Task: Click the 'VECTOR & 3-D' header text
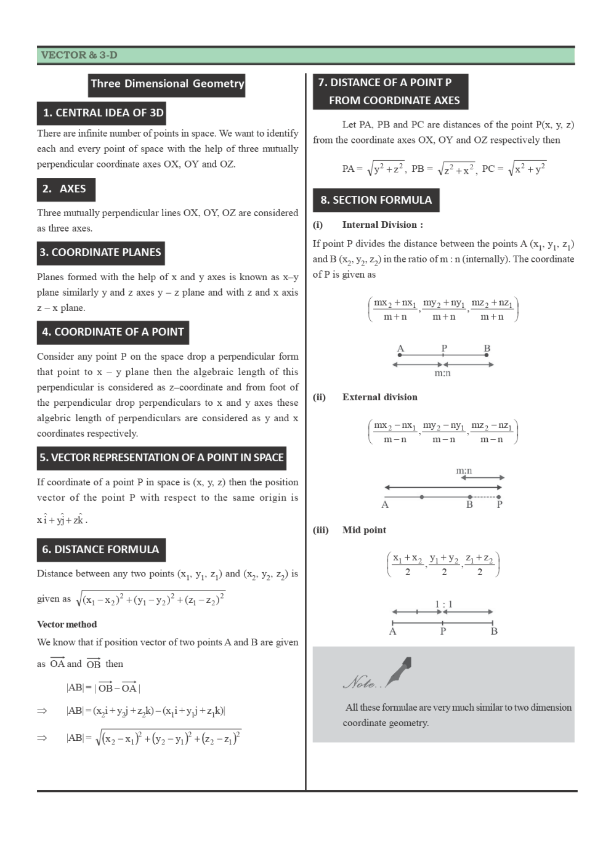coord(79,55)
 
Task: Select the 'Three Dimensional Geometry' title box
coord(167,84)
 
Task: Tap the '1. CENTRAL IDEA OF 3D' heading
coord(103,113)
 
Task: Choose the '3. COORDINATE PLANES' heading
coord(100,252)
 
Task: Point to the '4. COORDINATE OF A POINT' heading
coord(113,332)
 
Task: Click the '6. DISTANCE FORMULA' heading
coord(100,549)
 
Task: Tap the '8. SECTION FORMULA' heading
coord(376,200)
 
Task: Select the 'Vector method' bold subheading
coord(67,624)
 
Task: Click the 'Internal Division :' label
coord(382,225)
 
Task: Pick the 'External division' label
coord(379,397)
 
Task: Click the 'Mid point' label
coord(364,530)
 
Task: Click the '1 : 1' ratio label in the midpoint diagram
coord(443,604)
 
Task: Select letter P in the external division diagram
coord(500,505)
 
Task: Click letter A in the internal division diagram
coord(400,349)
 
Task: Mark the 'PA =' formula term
coord(352,169)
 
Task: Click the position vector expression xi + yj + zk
coord(62,520)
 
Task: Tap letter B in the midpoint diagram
coord(494,631)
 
